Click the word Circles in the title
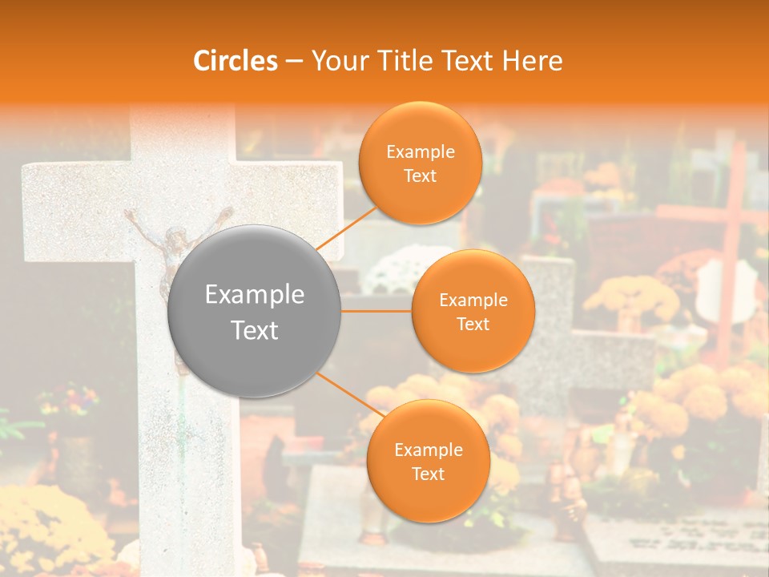click(x=236, y=61)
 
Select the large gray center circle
click(x=254, y=311)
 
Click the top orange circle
click(x=420, y=163)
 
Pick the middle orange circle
click(x=473, y=311)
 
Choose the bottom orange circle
click(x=428, y=461)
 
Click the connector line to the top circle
click(x=346, y=228)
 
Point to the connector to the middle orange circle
click(x=376, y=311)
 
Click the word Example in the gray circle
click(x=254, y=295)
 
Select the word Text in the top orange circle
click(x=420, y=176)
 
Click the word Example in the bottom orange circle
click(x=428, y=450)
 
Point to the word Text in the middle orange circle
click(x=473, y=324)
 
